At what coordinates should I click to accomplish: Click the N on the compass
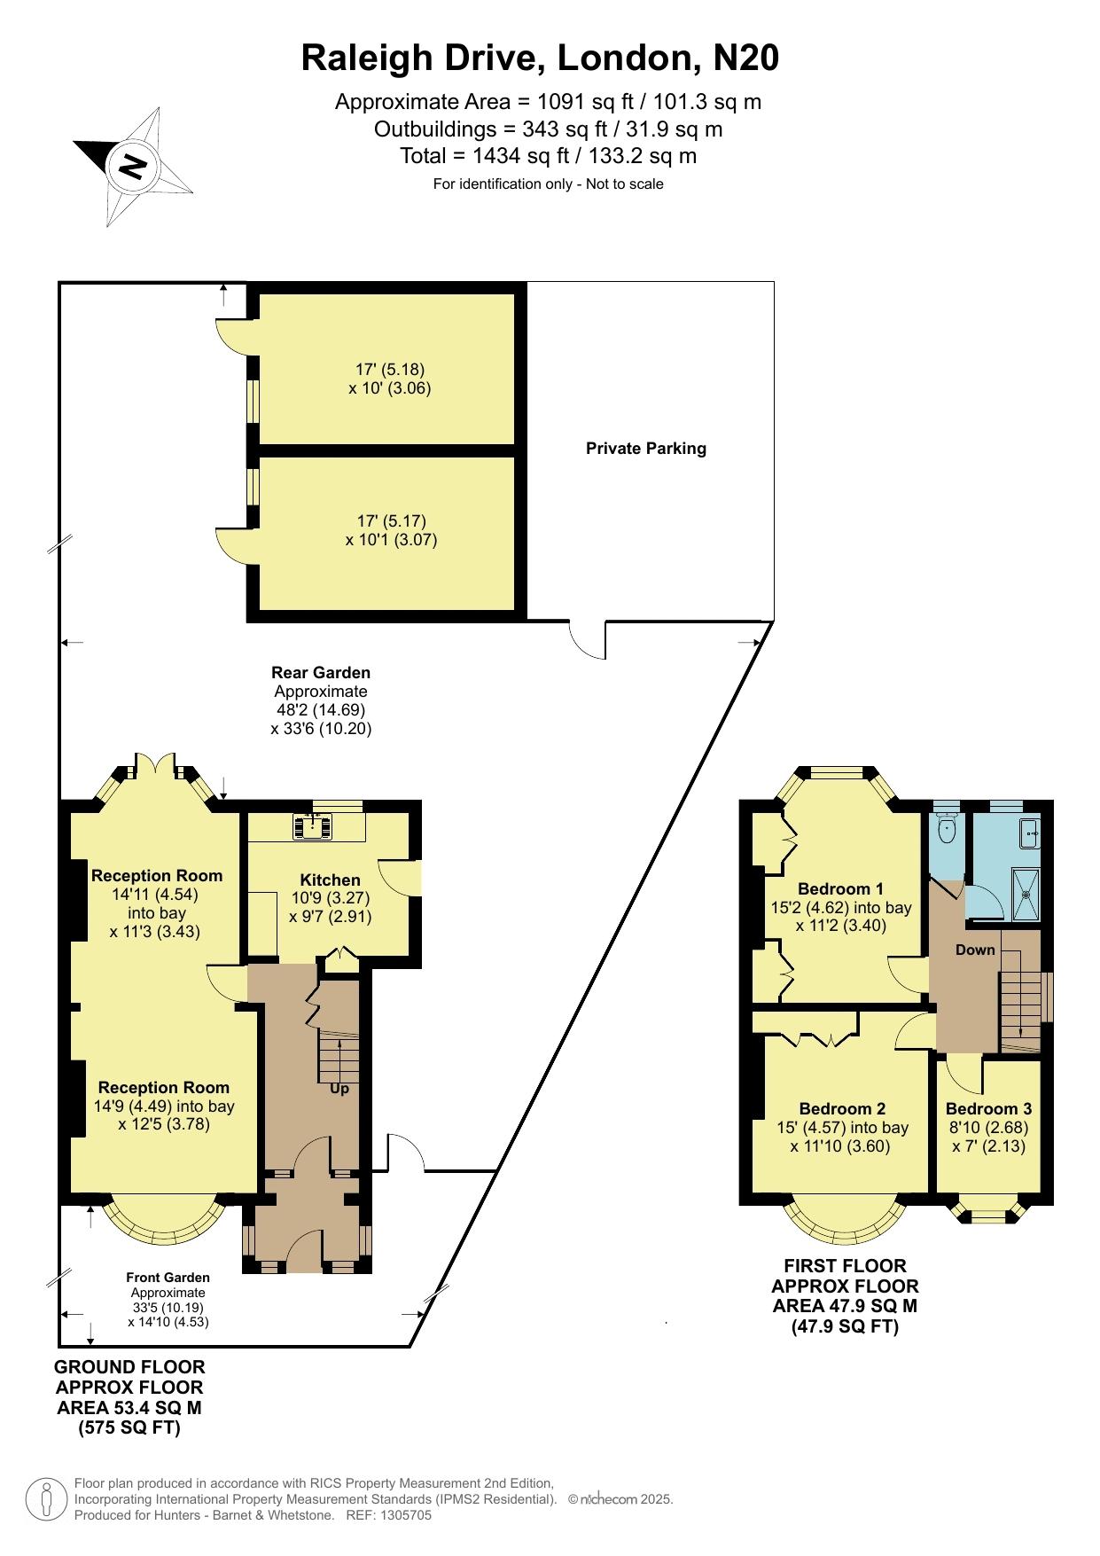(133, 166)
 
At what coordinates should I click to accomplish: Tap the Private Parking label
(646, 449)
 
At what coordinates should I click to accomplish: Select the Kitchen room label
(331, 880)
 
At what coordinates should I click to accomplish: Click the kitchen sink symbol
(315, 826)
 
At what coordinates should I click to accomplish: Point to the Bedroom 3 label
(988, 1109)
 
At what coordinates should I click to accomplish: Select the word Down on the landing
(975, 950)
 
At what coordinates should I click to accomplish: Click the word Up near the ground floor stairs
(339, 1089)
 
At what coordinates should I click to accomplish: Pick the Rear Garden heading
(321, 673)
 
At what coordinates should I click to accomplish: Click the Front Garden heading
(168, 1278)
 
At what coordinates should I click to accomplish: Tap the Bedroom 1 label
(840, 889)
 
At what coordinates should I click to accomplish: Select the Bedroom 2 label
(842, 1109)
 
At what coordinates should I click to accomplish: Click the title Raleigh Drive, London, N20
(540, 58)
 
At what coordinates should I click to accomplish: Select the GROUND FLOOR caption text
(129, 1367)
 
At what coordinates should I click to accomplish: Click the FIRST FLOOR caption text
(845, 1266)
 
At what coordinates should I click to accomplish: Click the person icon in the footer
(46, 1499)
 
